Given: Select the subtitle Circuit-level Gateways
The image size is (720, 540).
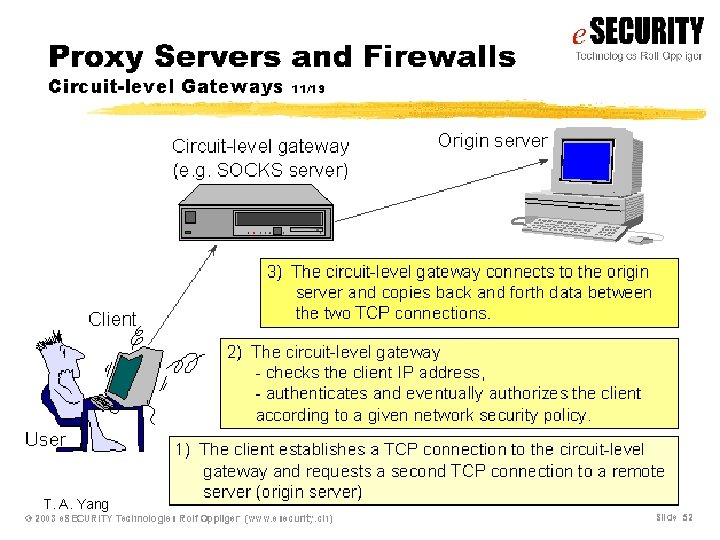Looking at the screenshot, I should pos(166,86).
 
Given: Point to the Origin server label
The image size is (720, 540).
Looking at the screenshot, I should pos(493,140).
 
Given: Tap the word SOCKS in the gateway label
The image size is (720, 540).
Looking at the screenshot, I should pos(243,170).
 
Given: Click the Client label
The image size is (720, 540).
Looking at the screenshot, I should pos(112,319).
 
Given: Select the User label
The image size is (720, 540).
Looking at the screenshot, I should pos(45,439).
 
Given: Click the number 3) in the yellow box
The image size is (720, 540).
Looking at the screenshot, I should pos(275,272).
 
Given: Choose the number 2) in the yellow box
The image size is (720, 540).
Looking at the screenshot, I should pos(235,352).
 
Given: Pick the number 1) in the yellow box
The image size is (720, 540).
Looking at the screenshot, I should pos(185,450).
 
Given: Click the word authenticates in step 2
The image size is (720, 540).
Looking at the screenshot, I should pos(318,394).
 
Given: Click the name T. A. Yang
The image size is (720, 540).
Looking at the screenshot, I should pos(76,504).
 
